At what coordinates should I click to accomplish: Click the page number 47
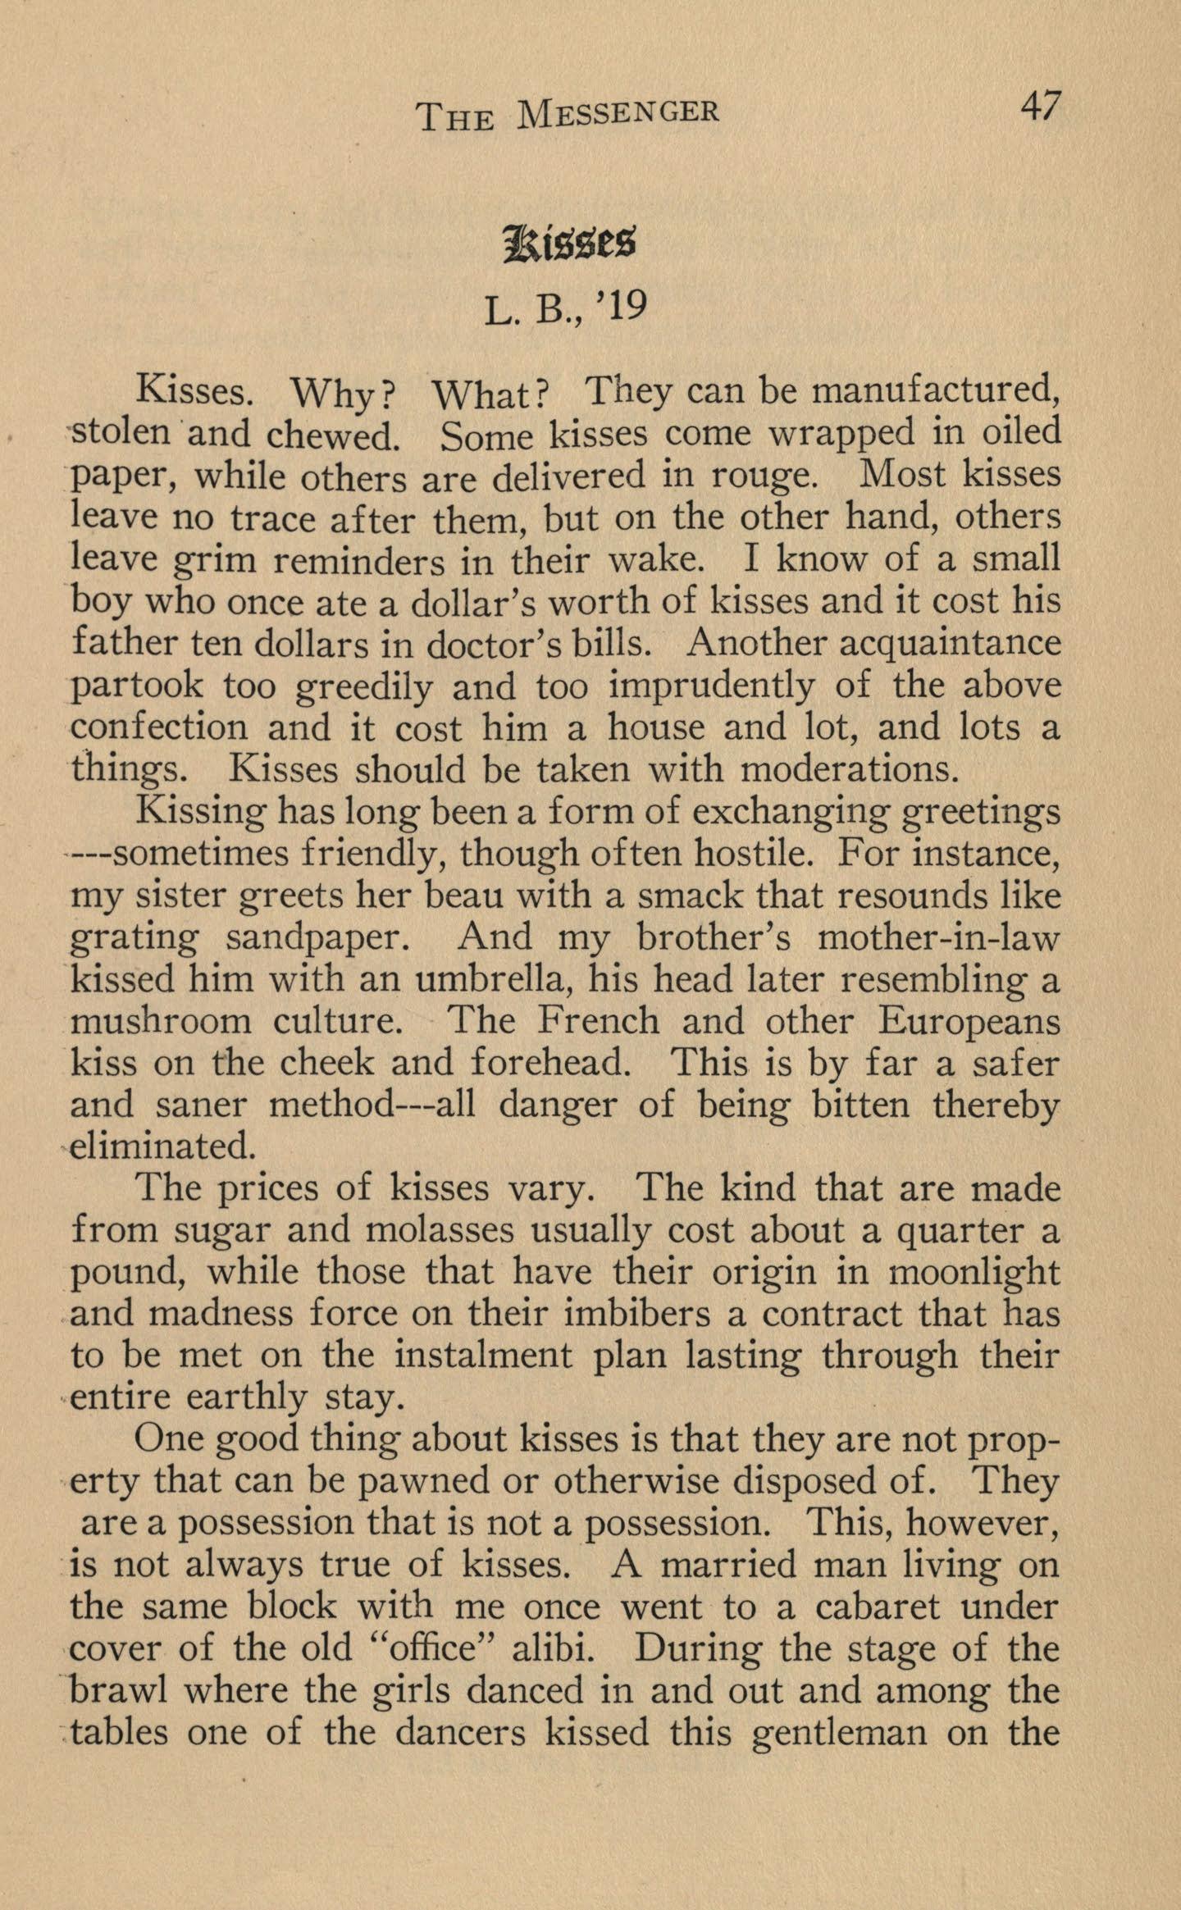coord(1040,107)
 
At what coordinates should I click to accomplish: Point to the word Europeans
coord(969,1022)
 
